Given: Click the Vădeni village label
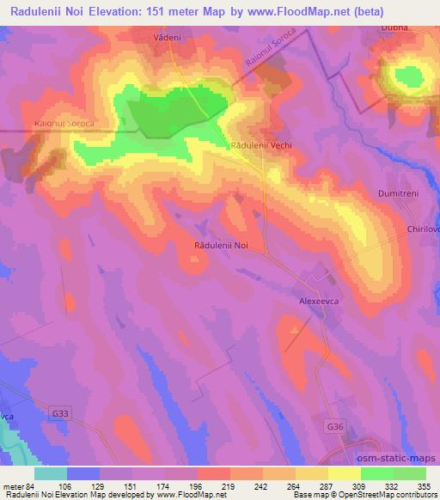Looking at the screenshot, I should coord(168,39).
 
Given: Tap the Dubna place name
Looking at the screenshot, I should coord(395,27).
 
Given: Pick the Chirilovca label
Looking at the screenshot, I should coord(424,229).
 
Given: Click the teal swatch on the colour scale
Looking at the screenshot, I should coord(51,473).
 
